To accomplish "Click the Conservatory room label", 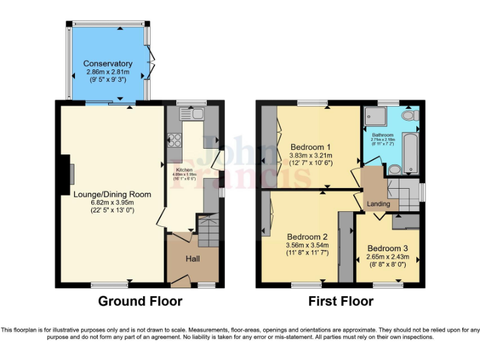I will (108, 64).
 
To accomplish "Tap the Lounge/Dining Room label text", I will (112, 194).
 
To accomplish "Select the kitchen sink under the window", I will (194, 114).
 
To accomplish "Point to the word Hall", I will (192, 259).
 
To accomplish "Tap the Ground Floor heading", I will (140, 301).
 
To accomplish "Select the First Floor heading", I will (341, 301).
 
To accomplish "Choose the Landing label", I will (378, 204).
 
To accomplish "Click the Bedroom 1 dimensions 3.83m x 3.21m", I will (311, 156).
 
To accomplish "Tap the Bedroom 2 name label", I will (307, 237).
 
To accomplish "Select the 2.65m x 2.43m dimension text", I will (387, 257).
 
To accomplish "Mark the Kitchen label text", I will (184, 169).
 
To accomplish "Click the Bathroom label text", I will (382, 135).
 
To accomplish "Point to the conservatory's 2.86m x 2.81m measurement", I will (108, 72).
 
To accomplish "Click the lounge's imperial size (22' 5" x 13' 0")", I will (112, 210).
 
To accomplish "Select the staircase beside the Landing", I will (404, 194).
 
